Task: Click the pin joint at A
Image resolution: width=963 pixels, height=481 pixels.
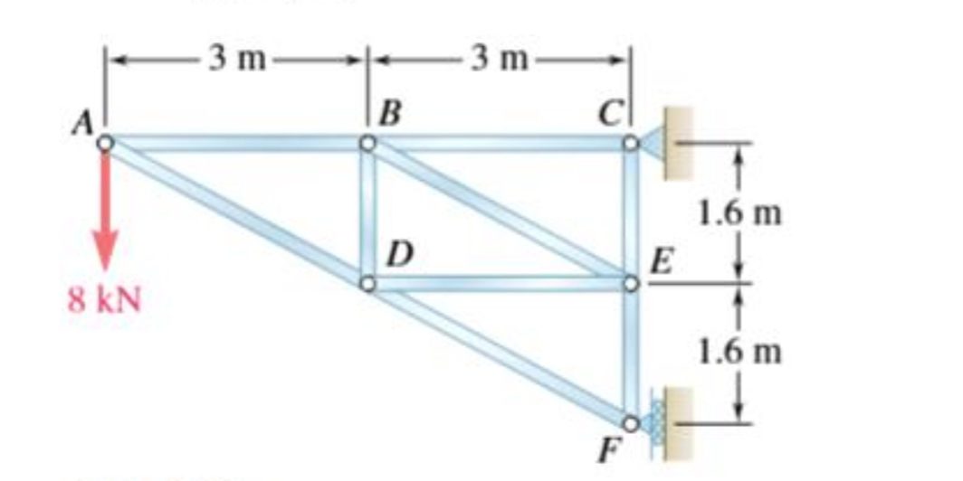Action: [x=106, y=143]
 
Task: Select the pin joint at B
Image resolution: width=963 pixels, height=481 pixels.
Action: [x=367, y=143]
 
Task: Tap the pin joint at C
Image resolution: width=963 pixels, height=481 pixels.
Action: [x=629, y=143]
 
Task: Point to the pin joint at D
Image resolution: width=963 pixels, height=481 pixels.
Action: [x=367, y=284]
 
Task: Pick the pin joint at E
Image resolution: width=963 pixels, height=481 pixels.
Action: [x=629, y=284]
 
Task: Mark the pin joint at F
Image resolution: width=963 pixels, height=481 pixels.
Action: [x=629, y=422]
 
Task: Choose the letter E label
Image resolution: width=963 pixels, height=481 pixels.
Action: [x=662, y=262]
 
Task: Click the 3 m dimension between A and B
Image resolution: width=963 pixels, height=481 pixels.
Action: [x=237, y=60]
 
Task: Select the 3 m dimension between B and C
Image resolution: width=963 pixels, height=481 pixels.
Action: [x=499, y=60]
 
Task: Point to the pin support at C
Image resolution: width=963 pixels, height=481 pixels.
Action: [x=668, y=143]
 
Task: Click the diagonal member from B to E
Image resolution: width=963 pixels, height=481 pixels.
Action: [x=498, y=213]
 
